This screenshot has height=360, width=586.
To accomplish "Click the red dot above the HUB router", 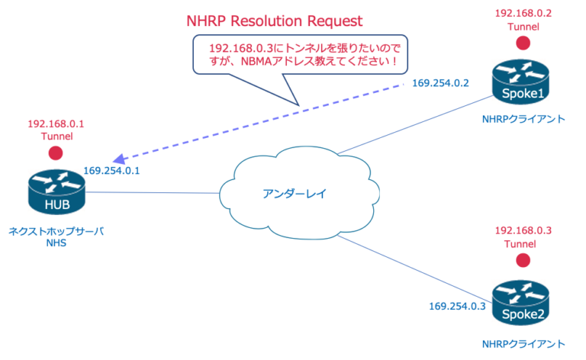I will tap(56, 153).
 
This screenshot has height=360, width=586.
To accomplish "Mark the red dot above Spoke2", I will tap(522, 260).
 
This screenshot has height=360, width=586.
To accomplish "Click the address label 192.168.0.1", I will tap(56, 123).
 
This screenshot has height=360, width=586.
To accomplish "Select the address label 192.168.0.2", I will tap(523, 13).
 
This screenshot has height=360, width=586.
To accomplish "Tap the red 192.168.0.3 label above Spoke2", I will tap(523, 230).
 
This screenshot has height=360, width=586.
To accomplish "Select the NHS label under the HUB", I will tap(56, 243).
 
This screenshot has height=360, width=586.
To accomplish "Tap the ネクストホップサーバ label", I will tap(56, 230).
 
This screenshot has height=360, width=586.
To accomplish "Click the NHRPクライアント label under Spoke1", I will tap(523, 120).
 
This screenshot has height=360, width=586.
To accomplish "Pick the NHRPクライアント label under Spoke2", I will tap(523, 343).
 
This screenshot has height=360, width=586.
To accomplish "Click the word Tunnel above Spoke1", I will tap(523, 27).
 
